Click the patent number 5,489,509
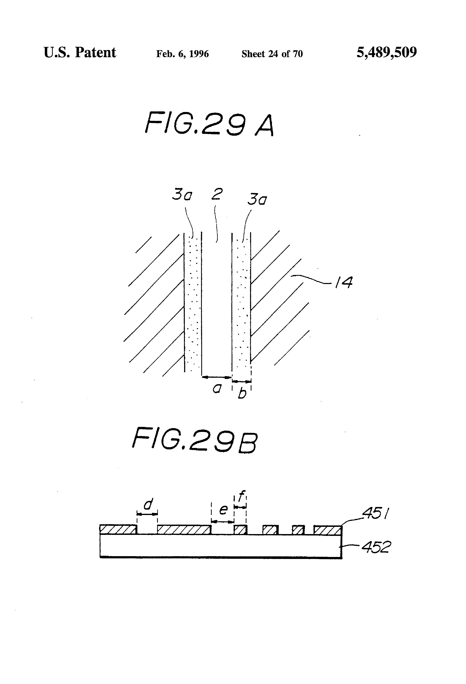(386, 53)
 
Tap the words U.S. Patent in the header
(80, 53)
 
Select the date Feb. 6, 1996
(182, 54)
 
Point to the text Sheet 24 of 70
(272, 54)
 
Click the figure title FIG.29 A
(210, 124)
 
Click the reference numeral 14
(344, 283)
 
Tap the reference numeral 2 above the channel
(217, 194)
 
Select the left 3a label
(182, 195)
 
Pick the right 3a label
(257, 200)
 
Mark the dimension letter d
(148, 504)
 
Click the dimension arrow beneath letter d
(147, 514)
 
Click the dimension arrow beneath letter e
(223, 521)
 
